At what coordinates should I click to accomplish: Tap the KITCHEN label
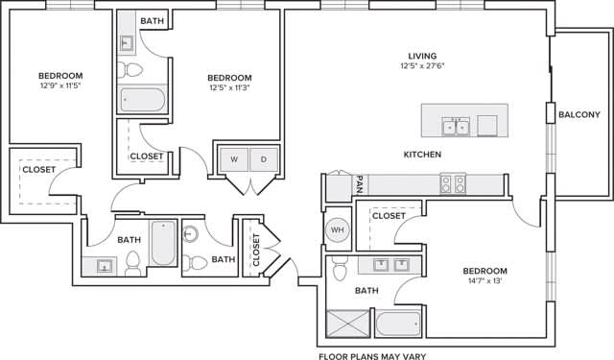point(422,154)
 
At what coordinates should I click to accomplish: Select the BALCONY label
point(579,115)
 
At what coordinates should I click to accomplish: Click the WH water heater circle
point(337,230)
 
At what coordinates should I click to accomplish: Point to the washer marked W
point(234,159)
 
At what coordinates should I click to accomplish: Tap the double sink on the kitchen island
point(455,126)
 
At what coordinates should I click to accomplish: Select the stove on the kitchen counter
point(453,182)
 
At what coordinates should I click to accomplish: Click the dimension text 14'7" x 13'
point(484,281)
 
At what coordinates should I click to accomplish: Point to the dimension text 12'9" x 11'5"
point(60,86)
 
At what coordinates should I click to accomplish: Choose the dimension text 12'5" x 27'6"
point(422,66)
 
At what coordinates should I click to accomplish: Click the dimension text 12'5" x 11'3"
point(229,88)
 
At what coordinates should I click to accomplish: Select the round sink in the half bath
point(191,232)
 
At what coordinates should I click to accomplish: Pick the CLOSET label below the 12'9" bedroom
point(38,169)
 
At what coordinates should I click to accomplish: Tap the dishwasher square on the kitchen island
point(487,126)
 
